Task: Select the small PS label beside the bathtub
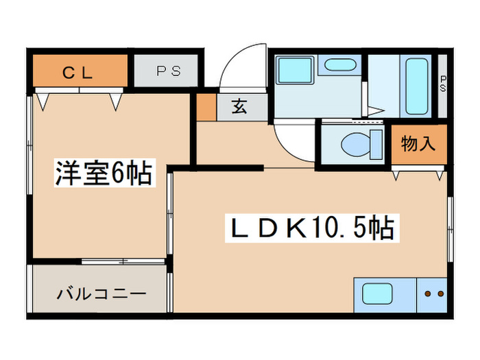pos(442,84)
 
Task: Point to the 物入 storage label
pos(418,145)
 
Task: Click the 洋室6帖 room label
pos(102,174)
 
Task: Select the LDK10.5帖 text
pos(311,228)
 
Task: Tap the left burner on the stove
pos(427,295)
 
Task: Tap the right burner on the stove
pos(439,295)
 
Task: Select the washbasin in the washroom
pos(337,67)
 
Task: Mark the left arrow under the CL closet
pos(43,102)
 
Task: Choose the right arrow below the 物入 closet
pos(437,175)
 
